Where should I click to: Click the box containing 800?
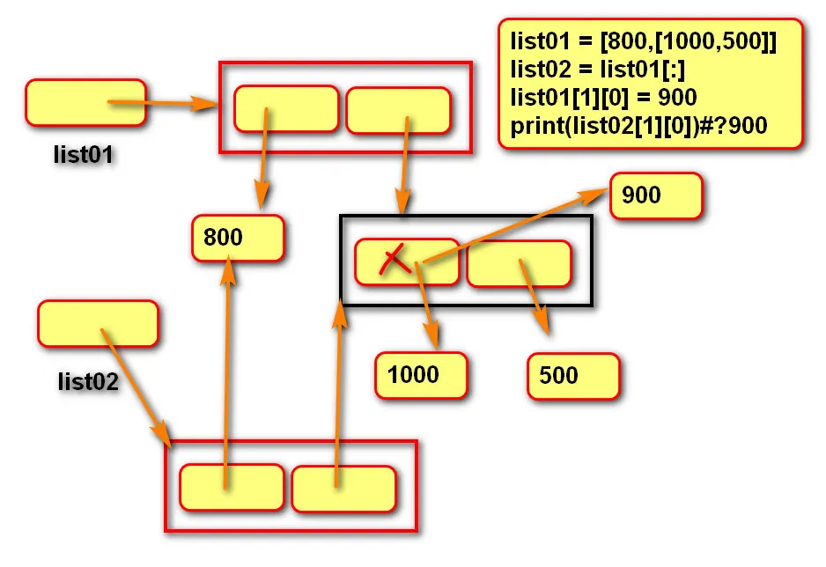(x=238, y=237)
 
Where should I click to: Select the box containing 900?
(x=656, y=195)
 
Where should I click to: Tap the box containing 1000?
(x=421, y=375)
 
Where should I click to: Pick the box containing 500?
(x=574, y=376)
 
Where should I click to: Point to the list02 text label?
(x=88, y=381)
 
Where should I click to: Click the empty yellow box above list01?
(x=85, y=102)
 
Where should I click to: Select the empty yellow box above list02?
(x=98, y=324)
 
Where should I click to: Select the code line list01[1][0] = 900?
(x=603, y=97)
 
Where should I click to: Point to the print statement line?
(x=638, y=125)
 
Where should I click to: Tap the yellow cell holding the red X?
(x=407, y=262)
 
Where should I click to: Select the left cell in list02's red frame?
(x=232, y=487)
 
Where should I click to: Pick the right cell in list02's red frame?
(x=343, y=488)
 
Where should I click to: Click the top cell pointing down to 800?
(x=286, y=108)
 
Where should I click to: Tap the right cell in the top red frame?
(x=398, y=110)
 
